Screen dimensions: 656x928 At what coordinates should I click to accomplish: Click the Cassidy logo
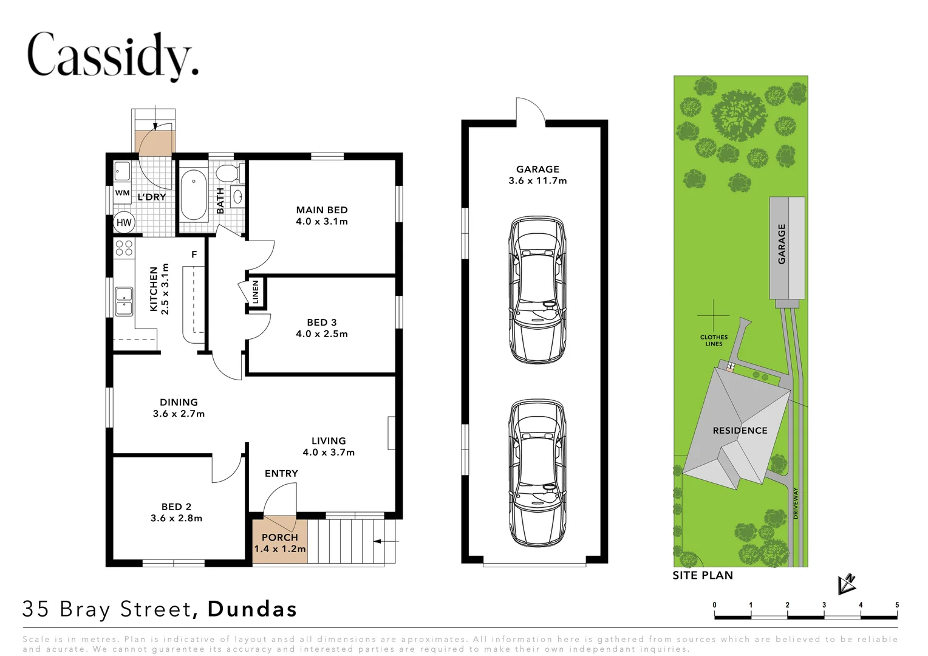[112, 55]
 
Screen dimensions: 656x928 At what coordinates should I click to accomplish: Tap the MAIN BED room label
[322, 210]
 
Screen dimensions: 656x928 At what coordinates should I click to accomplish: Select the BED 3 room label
[322, 323]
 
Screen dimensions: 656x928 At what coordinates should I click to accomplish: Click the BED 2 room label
[176, 507]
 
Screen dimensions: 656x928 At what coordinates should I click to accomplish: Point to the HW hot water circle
[124, 222]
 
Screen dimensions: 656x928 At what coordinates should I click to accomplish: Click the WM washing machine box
[122, 193]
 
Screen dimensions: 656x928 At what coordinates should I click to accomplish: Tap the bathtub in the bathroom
[194, 194]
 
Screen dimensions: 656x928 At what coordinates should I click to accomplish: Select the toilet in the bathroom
[227, 173]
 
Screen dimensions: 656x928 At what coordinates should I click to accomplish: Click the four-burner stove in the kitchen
[124, 247]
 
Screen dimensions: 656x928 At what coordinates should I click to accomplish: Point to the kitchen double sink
[124, 301]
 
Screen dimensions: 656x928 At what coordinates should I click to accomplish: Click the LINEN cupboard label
[256, 292]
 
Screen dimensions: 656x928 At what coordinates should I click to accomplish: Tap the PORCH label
[280, 538]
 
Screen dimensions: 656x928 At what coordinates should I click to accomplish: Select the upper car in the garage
[537, 290]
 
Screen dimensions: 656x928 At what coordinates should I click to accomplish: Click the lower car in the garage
[537, 473]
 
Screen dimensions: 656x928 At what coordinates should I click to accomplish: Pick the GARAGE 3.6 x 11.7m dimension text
[537, 180]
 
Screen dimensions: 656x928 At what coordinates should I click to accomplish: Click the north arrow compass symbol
[846, 584]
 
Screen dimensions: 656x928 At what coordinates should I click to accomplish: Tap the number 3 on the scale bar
[824, 605]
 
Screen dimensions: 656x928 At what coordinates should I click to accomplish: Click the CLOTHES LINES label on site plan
[714, 340]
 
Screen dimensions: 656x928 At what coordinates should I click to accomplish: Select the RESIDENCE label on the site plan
[740, 431]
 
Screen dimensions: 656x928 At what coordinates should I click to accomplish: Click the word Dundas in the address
[252, 609]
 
